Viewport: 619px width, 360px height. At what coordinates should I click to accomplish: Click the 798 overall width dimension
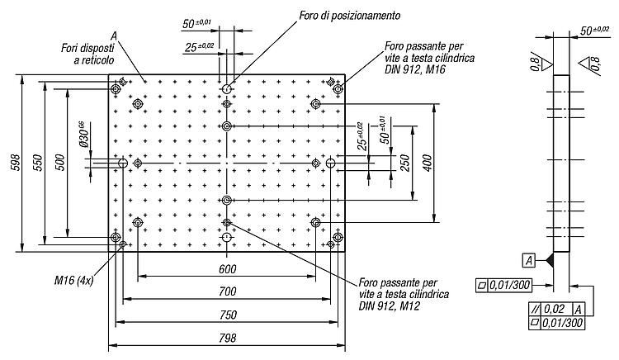coord(228,338)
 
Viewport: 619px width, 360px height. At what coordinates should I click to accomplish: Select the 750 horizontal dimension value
coord(228,315)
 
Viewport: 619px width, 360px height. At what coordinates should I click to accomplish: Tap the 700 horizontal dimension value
coord(228,291)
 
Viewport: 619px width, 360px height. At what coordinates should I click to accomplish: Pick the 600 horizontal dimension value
coord(228,269)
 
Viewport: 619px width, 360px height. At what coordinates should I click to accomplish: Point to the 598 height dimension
coord(15,163)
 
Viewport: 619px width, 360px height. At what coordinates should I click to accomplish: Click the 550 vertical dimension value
coord(37,163)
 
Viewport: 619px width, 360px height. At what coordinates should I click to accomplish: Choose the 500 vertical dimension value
coord(59,163)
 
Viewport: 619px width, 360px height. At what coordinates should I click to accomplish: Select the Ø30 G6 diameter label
coord(83,135)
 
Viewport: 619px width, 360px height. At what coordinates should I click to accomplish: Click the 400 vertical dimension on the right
coord(428,163)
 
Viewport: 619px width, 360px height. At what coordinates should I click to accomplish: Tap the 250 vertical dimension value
coord(405,163)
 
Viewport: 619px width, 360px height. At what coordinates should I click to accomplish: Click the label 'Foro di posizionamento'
coord(350,16)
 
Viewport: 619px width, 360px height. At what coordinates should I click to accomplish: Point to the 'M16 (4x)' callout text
coord(73,281)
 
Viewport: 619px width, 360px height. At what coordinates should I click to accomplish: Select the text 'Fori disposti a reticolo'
coord(87,54)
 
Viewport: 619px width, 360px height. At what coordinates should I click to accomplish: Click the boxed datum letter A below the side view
coord(529,261)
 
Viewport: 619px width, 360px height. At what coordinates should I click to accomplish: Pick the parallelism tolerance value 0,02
coord(555,309)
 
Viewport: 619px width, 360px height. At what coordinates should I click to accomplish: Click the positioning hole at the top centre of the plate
coord(227,89)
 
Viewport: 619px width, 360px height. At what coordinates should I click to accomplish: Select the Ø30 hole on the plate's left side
coord(123,163)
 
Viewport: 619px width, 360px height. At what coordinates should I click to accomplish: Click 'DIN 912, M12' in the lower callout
coord(390,306)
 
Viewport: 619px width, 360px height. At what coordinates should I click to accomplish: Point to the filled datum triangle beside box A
coord(549,260)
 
